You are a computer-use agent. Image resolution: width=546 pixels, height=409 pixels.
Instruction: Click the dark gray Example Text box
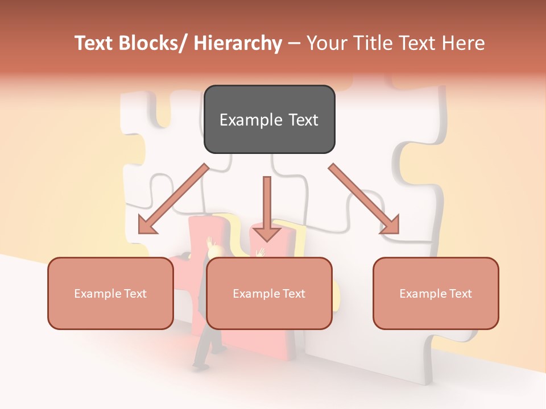(x=269, y=119)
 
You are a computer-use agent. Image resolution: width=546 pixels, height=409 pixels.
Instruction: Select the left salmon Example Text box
(x=110, y=293)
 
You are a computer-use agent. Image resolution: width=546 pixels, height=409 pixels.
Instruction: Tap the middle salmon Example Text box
(x=269, y=293)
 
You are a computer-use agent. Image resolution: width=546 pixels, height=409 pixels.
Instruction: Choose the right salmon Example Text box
(x=436, y=293)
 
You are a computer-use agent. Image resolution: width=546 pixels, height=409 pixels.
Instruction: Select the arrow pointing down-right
(x=363, y=198)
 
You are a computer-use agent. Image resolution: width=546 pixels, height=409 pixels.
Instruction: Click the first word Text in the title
(x=94, y=44)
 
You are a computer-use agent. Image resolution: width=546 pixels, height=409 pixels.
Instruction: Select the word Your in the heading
(x=327, y=44)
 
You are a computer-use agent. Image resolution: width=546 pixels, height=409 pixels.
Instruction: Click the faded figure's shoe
(x=200, y=365)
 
